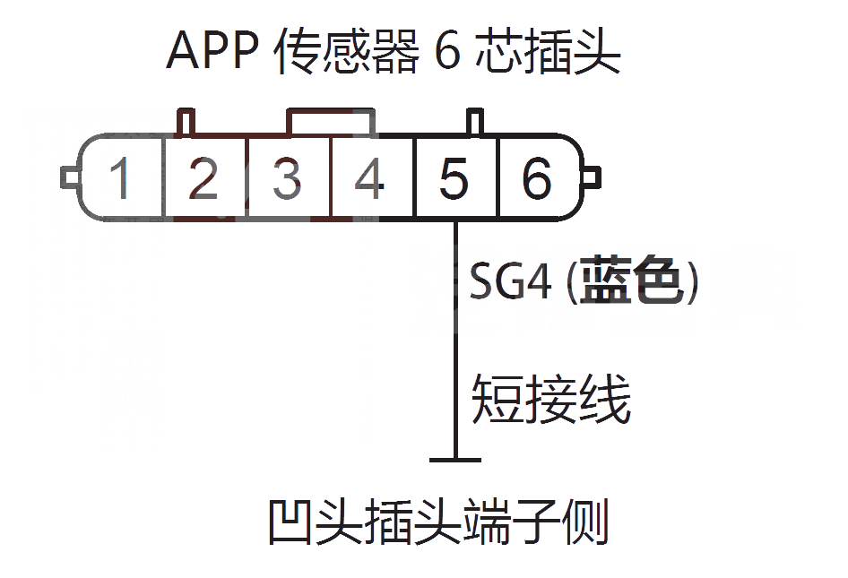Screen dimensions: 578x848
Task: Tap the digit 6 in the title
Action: point(447,53)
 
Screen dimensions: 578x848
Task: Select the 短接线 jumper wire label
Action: point(551,397)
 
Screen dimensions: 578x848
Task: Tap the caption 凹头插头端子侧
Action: point(438,522)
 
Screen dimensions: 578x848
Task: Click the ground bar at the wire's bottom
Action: point(454,461)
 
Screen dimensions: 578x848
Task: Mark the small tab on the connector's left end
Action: point(68,177)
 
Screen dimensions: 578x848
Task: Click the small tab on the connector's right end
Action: point(593,177)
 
